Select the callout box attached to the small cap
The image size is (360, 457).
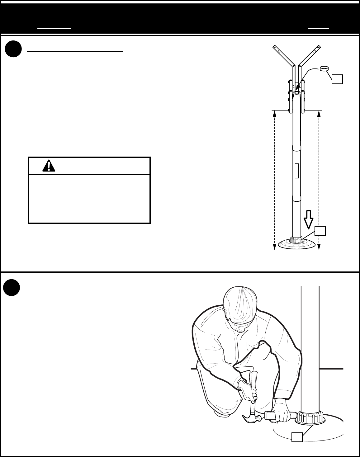click(337, 79)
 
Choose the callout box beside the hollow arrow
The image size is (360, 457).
click(320, 231)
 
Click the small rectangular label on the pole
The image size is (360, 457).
click(297, 171)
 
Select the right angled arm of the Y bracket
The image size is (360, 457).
click(310, 56)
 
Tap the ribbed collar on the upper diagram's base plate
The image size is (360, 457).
click(297, 240)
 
